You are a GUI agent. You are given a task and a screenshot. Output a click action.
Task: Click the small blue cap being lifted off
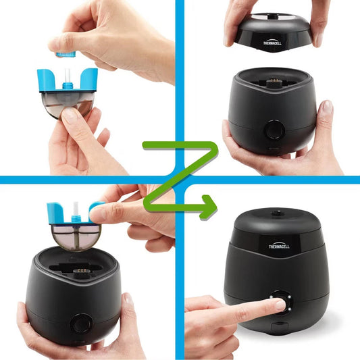(66, 55)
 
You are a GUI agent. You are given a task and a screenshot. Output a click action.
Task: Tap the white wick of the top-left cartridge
(67, 75)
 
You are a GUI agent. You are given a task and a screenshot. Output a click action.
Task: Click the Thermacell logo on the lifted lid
(272, 43)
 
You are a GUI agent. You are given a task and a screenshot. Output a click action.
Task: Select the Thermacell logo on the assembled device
(279, 245)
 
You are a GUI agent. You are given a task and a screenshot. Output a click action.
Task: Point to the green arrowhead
(208, 207)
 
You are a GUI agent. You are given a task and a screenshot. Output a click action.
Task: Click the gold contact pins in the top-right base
(274, 80)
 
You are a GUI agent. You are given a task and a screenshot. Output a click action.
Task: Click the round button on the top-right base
(274, 130)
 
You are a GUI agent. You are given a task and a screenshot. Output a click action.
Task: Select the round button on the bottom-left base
(80, 324)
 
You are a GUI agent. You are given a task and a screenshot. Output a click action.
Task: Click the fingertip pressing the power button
(280, 305)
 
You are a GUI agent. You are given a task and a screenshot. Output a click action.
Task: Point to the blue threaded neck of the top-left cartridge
(68, 86)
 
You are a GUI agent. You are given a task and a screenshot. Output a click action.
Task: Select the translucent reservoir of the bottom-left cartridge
(76, 237)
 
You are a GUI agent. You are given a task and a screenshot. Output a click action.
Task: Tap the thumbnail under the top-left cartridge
(70, 115)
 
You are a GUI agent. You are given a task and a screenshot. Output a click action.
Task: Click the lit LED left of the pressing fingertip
(272, 297)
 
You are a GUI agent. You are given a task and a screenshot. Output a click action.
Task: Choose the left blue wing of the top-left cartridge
(47, 80)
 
